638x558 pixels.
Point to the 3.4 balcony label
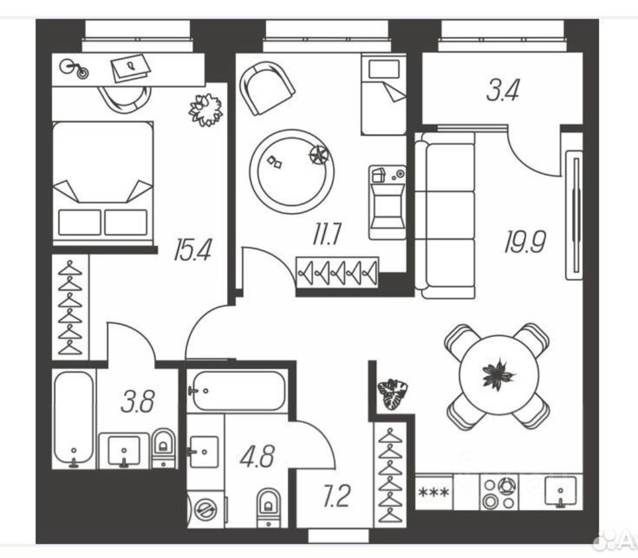coord(502,91)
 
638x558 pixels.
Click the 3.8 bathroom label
coord(138,401)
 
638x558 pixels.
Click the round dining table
coord(498,376)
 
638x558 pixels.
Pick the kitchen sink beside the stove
coord(560,493)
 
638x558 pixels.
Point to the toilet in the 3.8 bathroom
coord(163,447)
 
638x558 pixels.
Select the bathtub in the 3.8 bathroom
coord(74,419)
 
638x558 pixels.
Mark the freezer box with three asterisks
coord(434,494)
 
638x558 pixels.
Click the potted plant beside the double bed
coord(205,110)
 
